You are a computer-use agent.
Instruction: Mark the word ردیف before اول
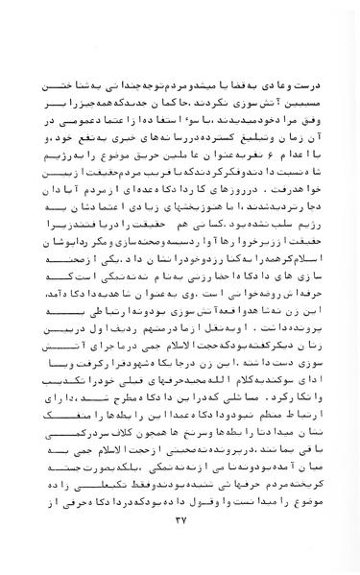[111, 353]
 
